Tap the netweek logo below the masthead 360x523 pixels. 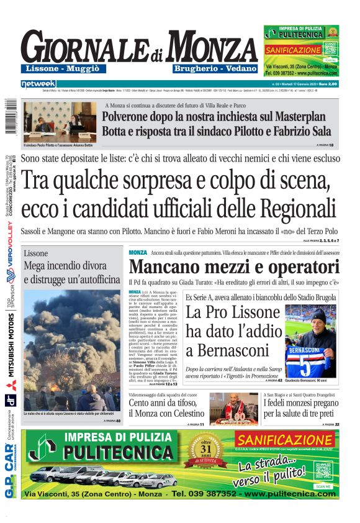pos(38,83)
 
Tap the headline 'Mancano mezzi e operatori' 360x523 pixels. pos(234,268)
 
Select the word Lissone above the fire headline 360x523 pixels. pos(35,253)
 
